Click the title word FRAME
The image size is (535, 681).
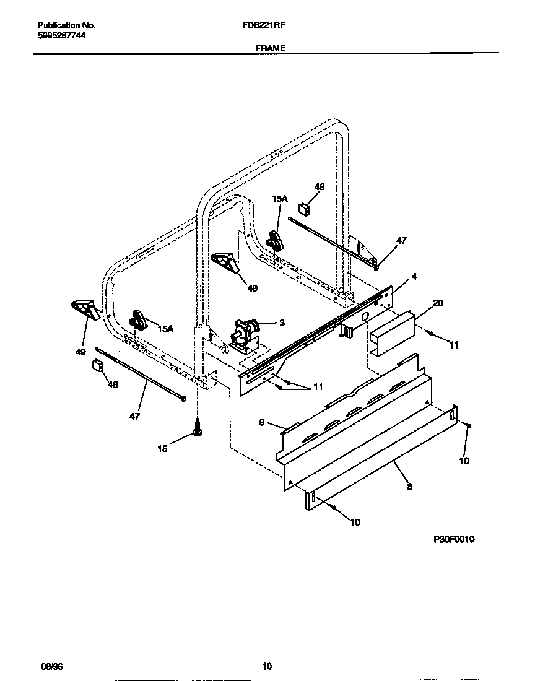pyautogui.click(x=270, y=47)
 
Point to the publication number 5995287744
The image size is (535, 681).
pyautogui.click(x=62, y=36)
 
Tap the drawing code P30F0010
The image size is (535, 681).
pyautogui.click(x=454, y=540)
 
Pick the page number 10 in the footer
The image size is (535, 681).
pyautogui.click(x=267, y=666)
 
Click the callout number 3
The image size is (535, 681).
pyautogui.click(x=282, y=323)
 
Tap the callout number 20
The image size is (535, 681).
pyautogui.click(x=438, y=303)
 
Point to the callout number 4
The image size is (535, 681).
pyautogui.click(x=414, y=277)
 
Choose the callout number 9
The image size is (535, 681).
pyautogui.click(x=262, y=422)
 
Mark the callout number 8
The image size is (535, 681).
pyautogui.click(x=409, y=487)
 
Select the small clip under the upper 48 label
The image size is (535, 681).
pyautogui.click(x=304, y=208)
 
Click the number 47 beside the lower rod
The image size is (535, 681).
pyautogui.click(x=134, y=416)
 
